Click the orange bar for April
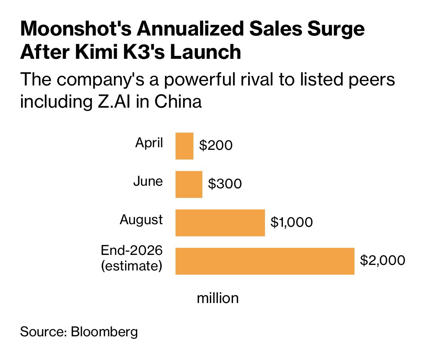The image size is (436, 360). point(185,146)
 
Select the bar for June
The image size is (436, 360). point(189,185)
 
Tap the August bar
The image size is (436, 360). point(220,223)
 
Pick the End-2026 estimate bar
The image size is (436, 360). point(265,261)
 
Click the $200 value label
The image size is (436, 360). point(216,145)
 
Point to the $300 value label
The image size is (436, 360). point(225,184)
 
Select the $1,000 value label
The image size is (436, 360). point(292,222)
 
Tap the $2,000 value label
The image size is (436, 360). point(383,260)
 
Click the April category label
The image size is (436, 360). point(149,143)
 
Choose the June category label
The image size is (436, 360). point(148,181)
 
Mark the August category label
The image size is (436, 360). point(141,220)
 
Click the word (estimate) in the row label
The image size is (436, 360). point(132,266)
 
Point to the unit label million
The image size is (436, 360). point(218,298)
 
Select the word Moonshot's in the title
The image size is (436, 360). point(76,28)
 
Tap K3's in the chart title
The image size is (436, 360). point(144,52)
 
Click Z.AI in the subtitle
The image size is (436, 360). point(114,101)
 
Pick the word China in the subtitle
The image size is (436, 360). point(178,101)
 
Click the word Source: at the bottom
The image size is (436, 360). point(43,332)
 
